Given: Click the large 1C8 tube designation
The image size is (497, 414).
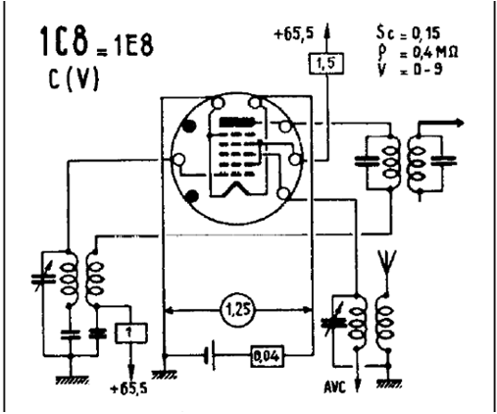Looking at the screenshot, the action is click(65, 41).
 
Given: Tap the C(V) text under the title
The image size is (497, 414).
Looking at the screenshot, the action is click(74, 78).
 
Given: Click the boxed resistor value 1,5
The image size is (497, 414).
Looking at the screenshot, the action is click(326, 63).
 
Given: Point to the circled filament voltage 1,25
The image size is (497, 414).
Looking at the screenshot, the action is click(238, 309).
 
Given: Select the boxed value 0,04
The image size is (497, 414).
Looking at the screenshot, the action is click(267, 356).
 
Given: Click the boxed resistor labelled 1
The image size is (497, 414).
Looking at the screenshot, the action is click(130, 333).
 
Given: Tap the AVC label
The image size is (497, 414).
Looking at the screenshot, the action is click(334, 388).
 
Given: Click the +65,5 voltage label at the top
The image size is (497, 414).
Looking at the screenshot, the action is click(293, 34).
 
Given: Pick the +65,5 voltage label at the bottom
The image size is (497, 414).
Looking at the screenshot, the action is click(128, 388).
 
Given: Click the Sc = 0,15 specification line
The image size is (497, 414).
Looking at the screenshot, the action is click(408, 32).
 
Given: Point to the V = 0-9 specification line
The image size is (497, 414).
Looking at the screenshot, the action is click(410, 70).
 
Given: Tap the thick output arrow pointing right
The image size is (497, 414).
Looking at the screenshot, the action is click(442, 123).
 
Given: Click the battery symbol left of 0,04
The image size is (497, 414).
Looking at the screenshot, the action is click(210, 356).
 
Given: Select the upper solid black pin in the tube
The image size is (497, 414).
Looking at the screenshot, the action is click(190, 126).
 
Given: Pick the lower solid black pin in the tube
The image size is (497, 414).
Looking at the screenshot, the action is click(191, 196).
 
